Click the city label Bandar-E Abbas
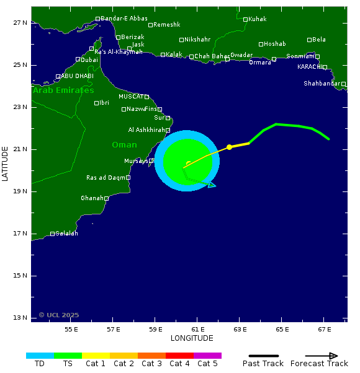coord(124,19)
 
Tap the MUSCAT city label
coord(131,97)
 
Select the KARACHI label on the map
coord(309,67)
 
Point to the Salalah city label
coord(67,234)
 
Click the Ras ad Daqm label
coord(106,178)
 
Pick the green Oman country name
coord(124,145)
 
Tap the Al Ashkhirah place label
coord(146,130)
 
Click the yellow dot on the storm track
coord(229,147)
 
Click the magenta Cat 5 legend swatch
coord(207,356)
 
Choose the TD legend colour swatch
coord(40,356)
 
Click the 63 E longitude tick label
coord(240,329)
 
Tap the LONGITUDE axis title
coord(192,338)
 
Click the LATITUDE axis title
coord(6,164)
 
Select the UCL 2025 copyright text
coord(59,315)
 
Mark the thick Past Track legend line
coord(263,356)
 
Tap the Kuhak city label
coord(257,19)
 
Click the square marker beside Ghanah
coord(106,199)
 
